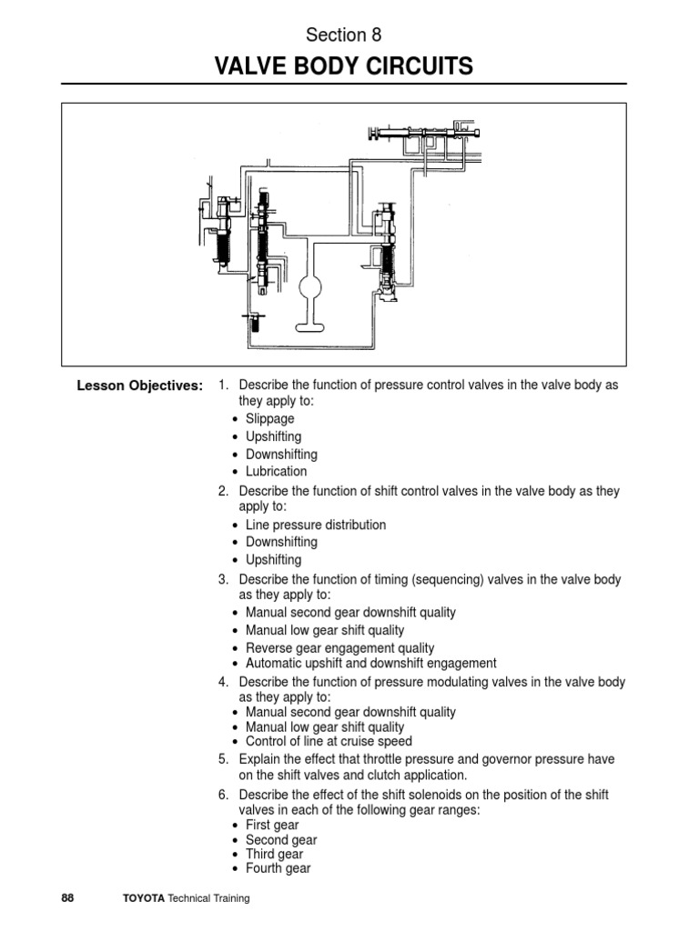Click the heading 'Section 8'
click(x=344, y=35)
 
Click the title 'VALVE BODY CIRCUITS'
click(x=344, y=66)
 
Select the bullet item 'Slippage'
click(x=271, y=419)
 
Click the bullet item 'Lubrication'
click(x=276, y=471)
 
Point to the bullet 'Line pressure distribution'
click(x=315, y=525)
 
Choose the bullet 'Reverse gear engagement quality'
click(x=339, y=648)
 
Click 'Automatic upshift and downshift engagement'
click(x=370, y=663)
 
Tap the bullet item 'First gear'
click(x=272, y=826)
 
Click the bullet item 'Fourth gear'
click(x=278, y=868)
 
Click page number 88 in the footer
click(x=67, y=898)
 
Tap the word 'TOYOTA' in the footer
click(x=143, y=898)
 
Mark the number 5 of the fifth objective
click(x=222, y=758)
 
